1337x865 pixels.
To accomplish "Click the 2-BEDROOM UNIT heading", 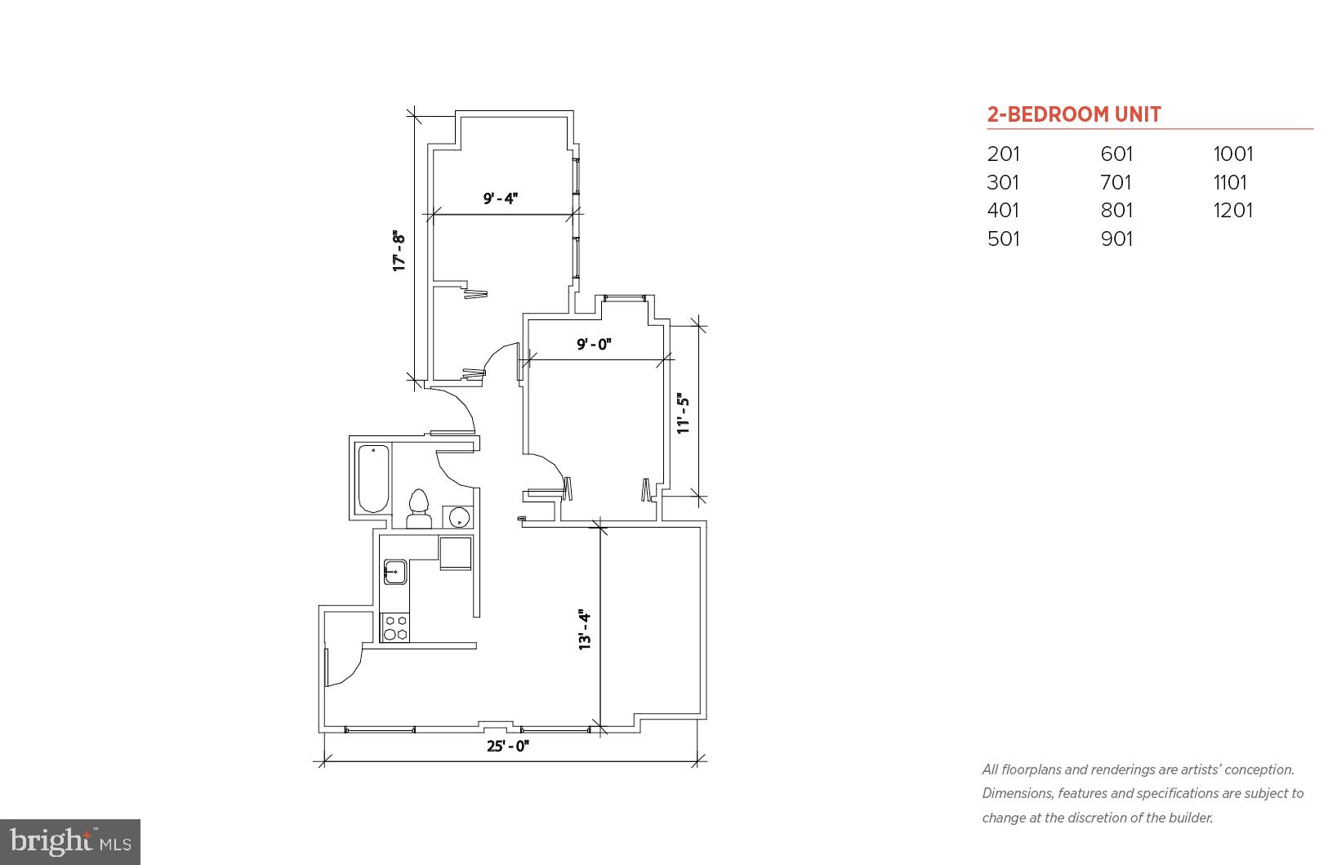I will pos(1073,114).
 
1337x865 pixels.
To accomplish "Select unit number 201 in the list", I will pos(1003,154).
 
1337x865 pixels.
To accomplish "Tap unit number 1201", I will pos(1232,210).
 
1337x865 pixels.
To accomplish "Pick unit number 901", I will pos(1116,239).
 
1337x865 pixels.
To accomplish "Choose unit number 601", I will pos(1116,154).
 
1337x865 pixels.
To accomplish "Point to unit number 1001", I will pos(1232,154).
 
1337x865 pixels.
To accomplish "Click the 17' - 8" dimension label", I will pos(399,251).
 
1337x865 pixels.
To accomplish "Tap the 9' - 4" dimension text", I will pos(501,198).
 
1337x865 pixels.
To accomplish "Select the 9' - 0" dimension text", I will pos(594,345).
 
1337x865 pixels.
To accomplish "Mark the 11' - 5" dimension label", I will pos(684,413).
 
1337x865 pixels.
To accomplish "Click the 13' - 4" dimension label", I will pos(585,630).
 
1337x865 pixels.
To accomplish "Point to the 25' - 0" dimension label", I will pos(508,746).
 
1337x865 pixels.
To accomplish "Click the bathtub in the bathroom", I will pos(373,478).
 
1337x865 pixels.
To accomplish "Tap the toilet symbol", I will pos(418,509).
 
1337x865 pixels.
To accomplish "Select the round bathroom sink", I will pos(458,517).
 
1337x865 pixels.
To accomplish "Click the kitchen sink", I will pos(395,571).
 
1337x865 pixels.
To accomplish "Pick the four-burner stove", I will pos(395,627).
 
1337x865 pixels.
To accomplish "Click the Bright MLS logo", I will pos(71,841).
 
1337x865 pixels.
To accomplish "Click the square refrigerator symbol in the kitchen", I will pos(456,553).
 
